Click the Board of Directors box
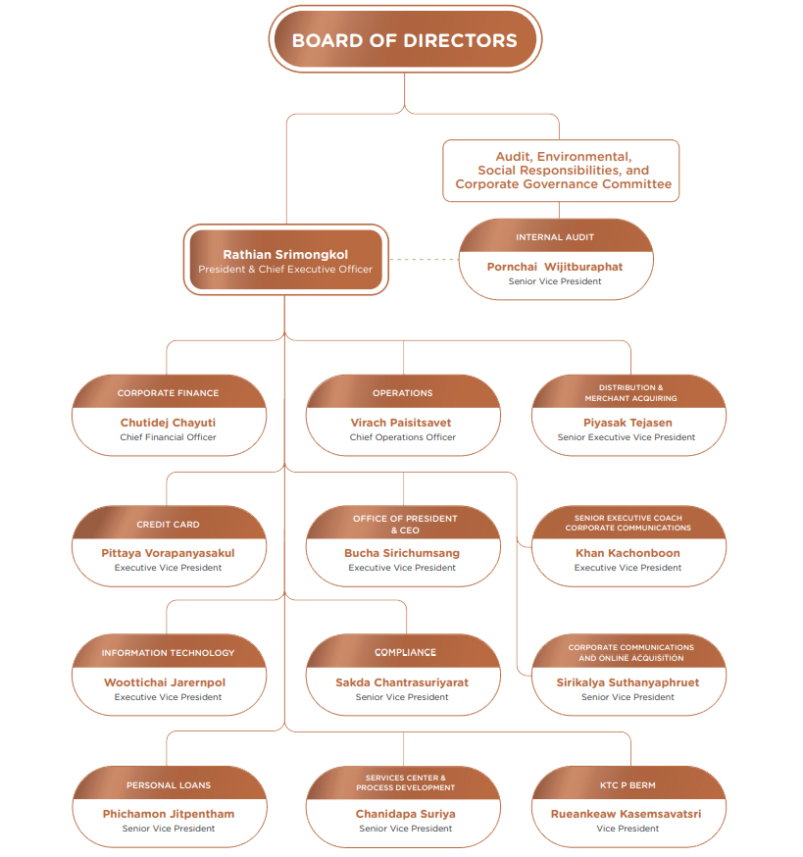click(405, 39)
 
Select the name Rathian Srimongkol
click(285, 254)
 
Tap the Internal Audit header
click(555, 237)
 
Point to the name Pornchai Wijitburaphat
click(555, 267)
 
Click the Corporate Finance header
click(168, 393)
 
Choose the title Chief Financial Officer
click(168, 437)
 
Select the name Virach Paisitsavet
click(401, 423)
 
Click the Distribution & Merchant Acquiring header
click(630, 392)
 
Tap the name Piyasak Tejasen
click(627, 423)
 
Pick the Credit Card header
click(168, 525)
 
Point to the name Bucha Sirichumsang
click(402, 553)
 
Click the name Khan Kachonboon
click(627, 553)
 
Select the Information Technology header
click(168, 653)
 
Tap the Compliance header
click(405, 652)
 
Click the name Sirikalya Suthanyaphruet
click(627, 682)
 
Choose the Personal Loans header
click(169, 784)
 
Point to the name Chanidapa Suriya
click(405, 814)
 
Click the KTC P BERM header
click(627, 784)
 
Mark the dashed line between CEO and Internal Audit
click(425, 259)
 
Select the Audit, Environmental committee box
click(561, 171)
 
